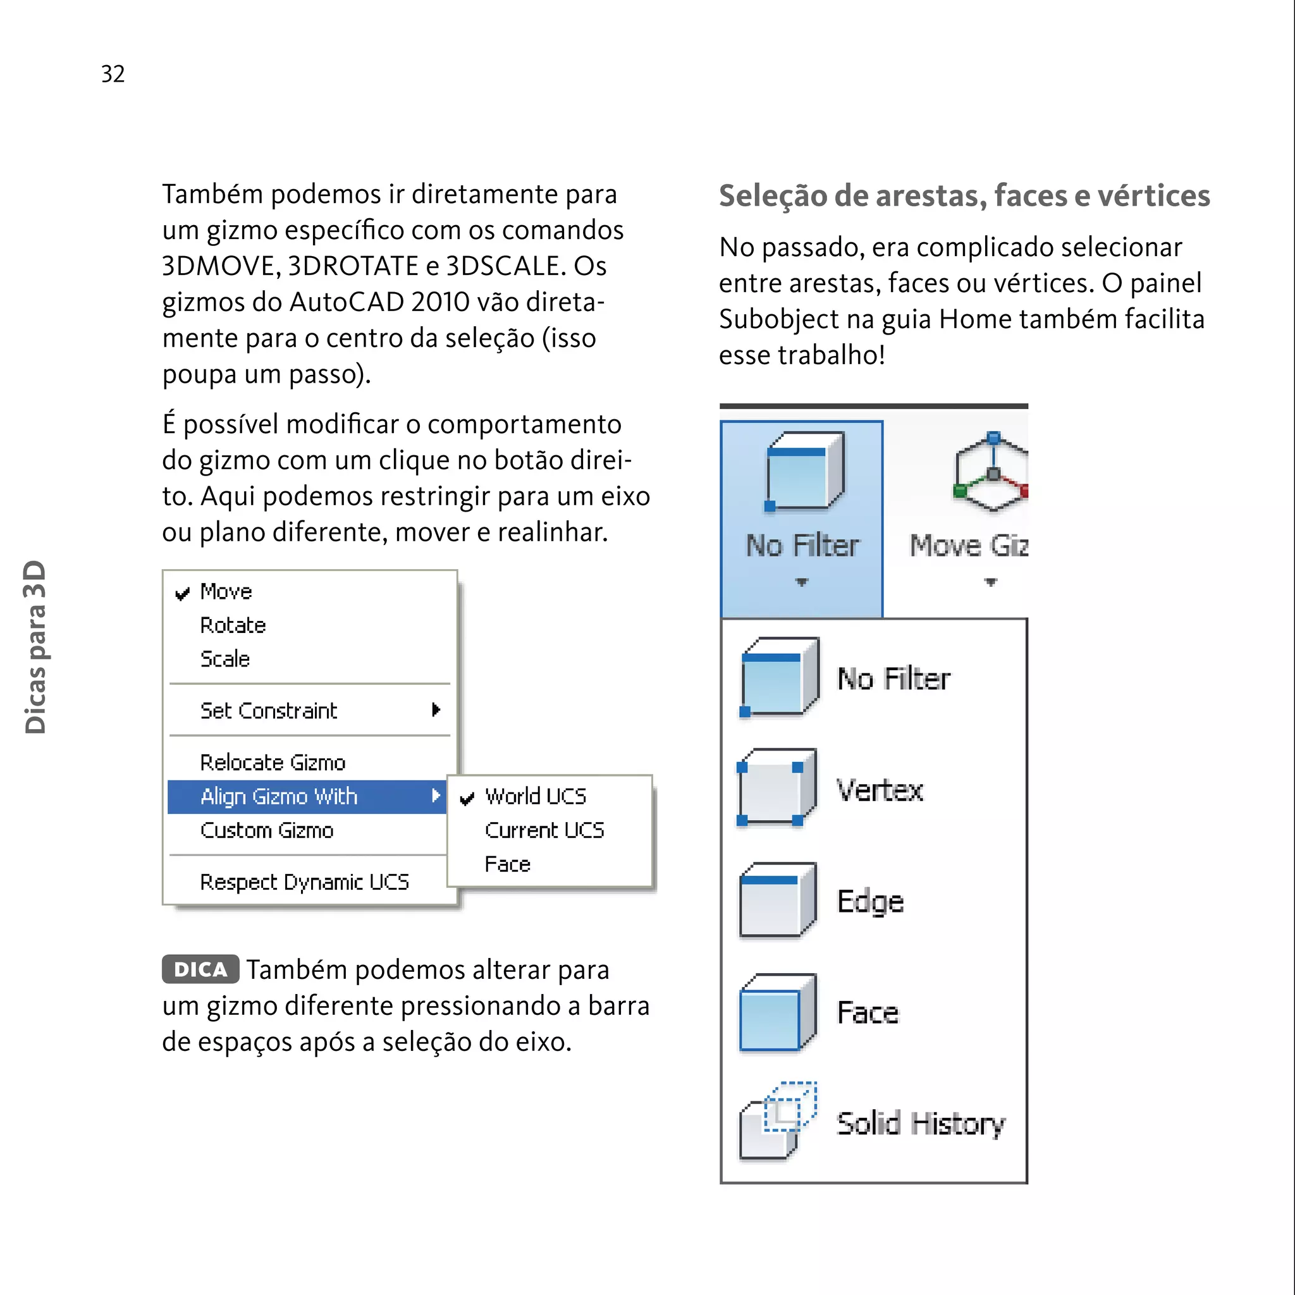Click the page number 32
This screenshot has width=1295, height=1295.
[x=113, y=74]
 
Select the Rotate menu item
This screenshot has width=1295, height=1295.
[x=233, y=625]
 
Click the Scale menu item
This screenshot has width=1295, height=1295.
[x=224, y=659]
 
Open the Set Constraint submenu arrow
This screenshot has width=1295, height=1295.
[x=436, y=710]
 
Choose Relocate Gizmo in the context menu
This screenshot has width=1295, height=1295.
[x=272, y=763]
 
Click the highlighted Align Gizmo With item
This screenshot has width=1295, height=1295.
[x=279, y=796]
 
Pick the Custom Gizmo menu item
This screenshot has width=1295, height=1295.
[x=266, y=830]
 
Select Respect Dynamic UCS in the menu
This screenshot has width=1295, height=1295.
[x=304, y=882]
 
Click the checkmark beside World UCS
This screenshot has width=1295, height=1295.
[x=467, y=797]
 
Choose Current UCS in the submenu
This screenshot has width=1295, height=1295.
[x=544, y=830]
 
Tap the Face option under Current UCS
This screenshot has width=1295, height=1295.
[x=507, y=864]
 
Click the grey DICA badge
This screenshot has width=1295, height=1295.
[x=200, y=969]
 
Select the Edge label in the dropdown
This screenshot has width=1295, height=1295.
[x=870, y=902]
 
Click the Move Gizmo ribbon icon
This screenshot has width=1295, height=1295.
[x=990, y=472]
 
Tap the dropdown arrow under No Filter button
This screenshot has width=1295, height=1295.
[x=802, y=582]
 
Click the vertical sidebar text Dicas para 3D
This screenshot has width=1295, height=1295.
[x=35, y=647]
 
